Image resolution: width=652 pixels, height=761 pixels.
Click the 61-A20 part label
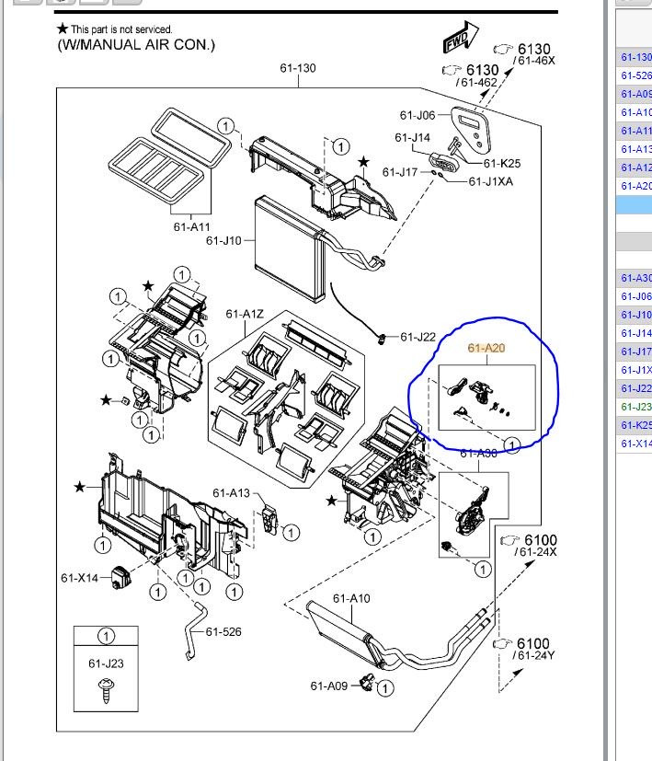click(486, 348)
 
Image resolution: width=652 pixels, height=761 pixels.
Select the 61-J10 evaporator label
click(223, 241)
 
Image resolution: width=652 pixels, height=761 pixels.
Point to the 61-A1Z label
click(245, 315)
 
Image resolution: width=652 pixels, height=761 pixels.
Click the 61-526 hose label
click(223, 631)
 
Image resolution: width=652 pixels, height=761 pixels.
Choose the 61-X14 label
click(79, 578)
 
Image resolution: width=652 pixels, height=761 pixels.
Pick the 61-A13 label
click(231, 493)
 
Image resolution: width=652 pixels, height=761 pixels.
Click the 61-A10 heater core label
click(351, 598)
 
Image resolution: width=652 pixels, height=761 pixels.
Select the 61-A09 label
click(328, 686)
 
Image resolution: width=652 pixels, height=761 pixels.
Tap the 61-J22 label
click(418, 338)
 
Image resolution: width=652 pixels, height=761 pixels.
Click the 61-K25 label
click(502, 164)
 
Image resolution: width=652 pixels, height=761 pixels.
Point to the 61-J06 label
click(417, 115)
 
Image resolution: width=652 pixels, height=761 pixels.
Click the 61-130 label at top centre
click(298, 68)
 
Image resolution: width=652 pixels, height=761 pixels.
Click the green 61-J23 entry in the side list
click(635, 407)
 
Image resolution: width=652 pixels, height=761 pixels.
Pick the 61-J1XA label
click(491, 182)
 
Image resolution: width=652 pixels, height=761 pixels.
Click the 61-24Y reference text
click(536, 656)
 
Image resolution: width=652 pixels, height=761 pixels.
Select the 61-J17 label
click(400, 172)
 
